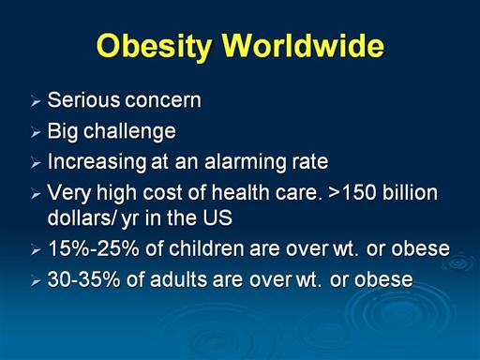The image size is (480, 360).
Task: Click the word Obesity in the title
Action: tap(154, 46)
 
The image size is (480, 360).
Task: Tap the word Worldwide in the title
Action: tap(303, 45)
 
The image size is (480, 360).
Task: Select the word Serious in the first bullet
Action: tap(83, 100)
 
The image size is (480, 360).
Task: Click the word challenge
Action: tap(129, 131)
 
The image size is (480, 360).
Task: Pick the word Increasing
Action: tap(97, 162)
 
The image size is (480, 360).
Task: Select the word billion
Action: tap(410, 192)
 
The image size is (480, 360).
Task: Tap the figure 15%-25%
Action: tap(94, 248)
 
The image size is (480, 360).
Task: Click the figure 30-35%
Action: tap(83, 279)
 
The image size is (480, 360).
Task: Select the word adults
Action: tap(178, 279)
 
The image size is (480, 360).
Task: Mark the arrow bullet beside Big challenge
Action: tap(36, 133)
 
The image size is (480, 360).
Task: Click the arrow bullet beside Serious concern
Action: tap(36, 102)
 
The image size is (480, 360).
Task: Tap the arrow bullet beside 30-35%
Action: tap(36, 281)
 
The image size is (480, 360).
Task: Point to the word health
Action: tap(240, 192)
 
